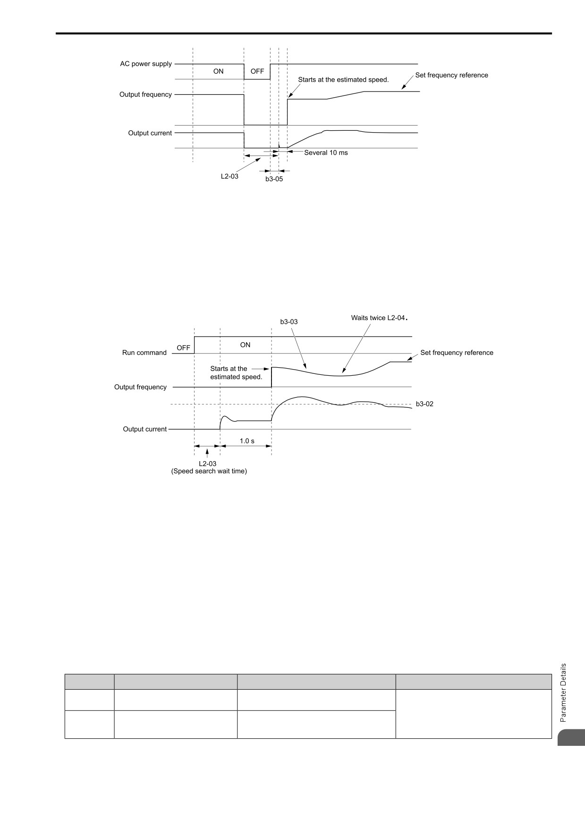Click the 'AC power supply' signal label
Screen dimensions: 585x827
[x=146, y=64]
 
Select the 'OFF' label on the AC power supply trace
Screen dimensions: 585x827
[x=257, y=71]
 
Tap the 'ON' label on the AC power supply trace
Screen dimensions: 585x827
[x=218, y=71]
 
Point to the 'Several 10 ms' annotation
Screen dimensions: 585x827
[x=326, y=152]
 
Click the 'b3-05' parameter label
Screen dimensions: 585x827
[x=274, y=179]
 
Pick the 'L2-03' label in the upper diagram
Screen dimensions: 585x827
[x=229, y=177]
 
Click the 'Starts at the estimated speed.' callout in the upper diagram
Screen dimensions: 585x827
[x=343, y=80]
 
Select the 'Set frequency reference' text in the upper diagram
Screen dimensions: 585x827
[x=451, y=75]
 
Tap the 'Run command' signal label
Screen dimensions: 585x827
[x=144, y=353]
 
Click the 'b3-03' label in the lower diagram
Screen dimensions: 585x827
[x=289, y=322]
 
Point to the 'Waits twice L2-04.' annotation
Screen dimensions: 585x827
[x=379, y=318]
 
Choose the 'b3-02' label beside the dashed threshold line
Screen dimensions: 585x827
[x=424, y=404]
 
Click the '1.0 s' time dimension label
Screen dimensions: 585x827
[x=247, y=441]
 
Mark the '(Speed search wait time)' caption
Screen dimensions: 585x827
[x=209, y=471]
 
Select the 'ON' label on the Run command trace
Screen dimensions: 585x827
[x=245, y=345]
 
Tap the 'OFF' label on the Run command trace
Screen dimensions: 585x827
[x=183, y=348]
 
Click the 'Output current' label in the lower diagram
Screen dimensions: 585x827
[x=145, y=429]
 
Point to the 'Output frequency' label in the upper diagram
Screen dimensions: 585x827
[x=145, y=94]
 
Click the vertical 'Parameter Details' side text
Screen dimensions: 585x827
[x=563, y=692]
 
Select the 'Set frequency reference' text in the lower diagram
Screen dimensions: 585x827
[x=457, y=353]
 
